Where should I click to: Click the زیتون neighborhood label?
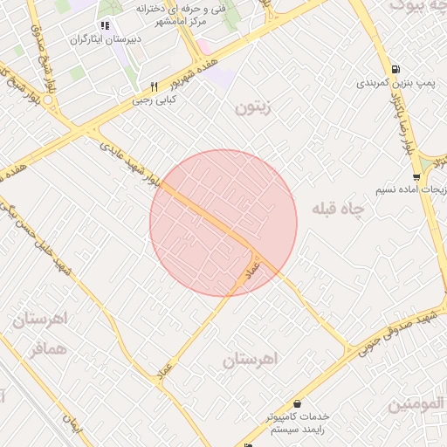254,107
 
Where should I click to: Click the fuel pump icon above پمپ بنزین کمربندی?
397,69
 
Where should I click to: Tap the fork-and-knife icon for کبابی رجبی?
154,86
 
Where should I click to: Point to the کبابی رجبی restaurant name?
154,100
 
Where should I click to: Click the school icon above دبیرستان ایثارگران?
106,24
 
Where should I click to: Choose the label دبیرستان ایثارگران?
105,40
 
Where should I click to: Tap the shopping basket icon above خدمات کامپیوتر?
299,403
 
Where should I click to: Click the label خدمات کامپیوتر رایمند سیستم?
299,424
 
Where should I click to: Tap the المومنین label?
416,405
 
